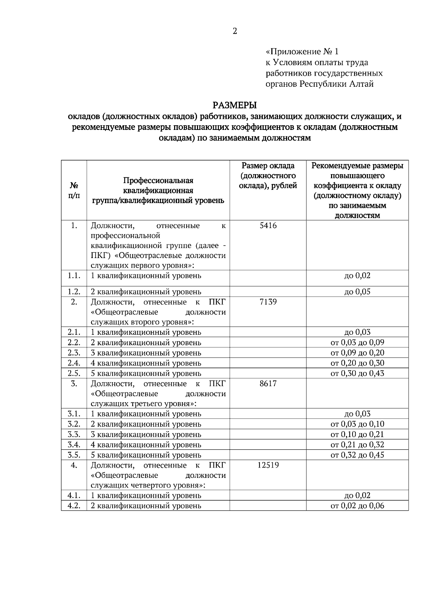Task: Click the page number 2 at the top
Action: [x=235, y=31]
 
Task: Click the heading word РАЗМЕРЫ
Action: [x=235, y=105]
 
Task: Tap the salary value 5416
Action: [x=268, y=226]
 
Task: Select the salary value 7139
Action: [x=268, y=302]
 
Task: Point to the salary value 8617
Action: [x=268, y=384]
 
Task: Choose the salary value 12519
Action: [x=268, y=465]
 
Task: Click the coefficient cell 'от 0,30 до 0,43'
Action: [x=357, y=373]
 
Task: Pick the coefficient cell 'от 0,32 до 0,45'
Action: [x=357, y=455]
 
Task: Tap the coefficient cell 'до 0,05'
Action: [x=357, y=292]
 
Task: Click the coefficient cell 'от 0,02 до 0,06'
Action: [x=357, y=506]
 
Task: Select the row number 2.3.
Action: [x=74, y=353]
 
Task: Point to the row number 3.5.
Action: [x=74, y=455]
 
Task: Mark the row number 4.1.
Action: [x=74, y=495]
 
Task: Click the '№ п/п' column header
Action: [x=74, y=191]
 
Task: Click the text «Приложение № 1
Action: [x=302, y=52]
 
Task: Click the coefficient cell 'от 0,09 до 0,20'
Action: [x=357, y=353]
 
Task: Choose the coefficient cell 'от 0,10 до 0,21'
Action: [x=357, y=434]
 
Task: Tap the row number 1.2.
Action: [x=74, y=292]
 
